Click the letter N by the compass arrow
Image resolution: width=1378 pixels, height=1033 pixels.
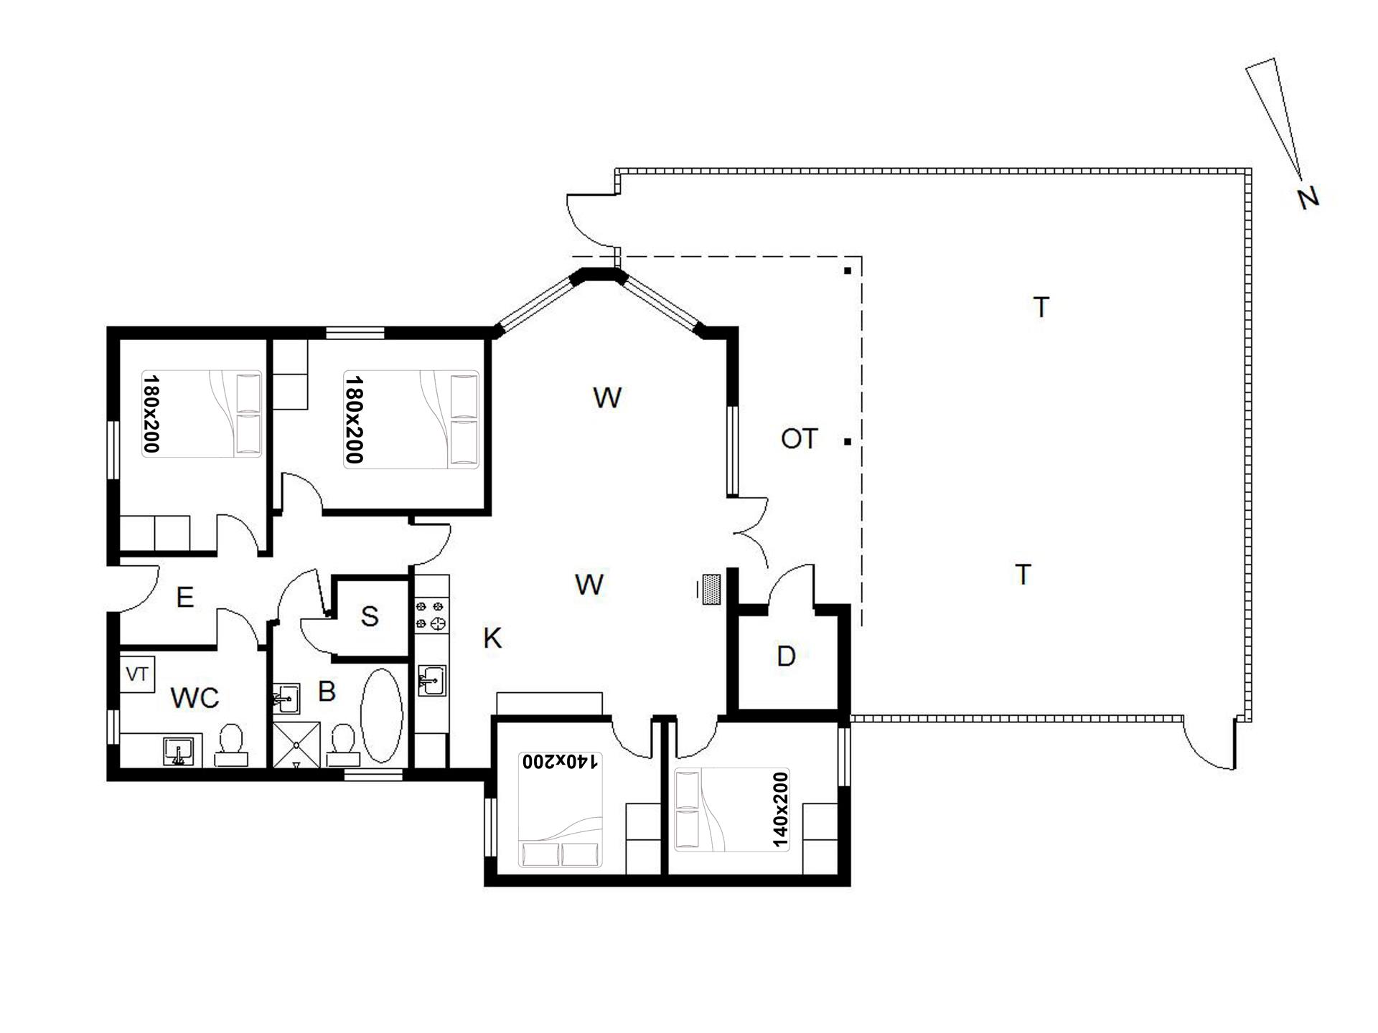(x=1308, y=198)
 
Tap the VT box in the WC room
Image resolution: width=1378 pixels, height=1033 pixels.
(x=137, y=674)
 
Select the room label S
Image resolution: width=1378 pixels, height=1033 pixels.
(x=370, y=616)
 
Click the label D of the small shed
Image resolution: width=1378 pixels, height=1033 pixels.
(x=787, y=656)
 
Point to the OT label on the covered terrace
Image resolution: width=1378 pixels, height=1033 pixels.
(x=800, y=438)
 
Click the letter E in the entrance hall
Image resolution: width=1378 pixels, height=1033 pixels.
(x=185, y=597)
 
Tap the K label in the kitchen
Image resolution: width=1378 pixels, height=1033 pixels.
(x=492, y=638)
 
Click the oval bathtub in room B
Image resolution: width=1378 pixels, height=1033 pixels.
(x=381, y=717)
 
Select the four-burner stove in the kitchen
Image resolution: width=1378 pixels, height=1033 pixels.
(x=431, y=616)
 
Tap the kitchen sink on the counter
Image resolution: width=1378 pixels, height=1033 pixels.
(x=431, y=680)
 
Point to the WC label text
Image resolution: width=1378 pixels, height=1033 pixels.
(x=194, y=697)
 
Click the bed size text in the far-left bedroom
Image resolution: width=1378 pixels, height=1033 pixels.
(x=151, y=413)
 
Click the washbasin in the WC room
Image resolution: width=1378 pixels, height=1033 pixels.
(x=177, y=751)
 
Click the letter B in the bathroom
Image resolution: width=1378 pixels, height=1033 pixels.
(x=327, y=692)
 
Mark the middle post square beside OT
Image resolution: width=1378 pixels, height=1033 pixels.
(x=848, y=442)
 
